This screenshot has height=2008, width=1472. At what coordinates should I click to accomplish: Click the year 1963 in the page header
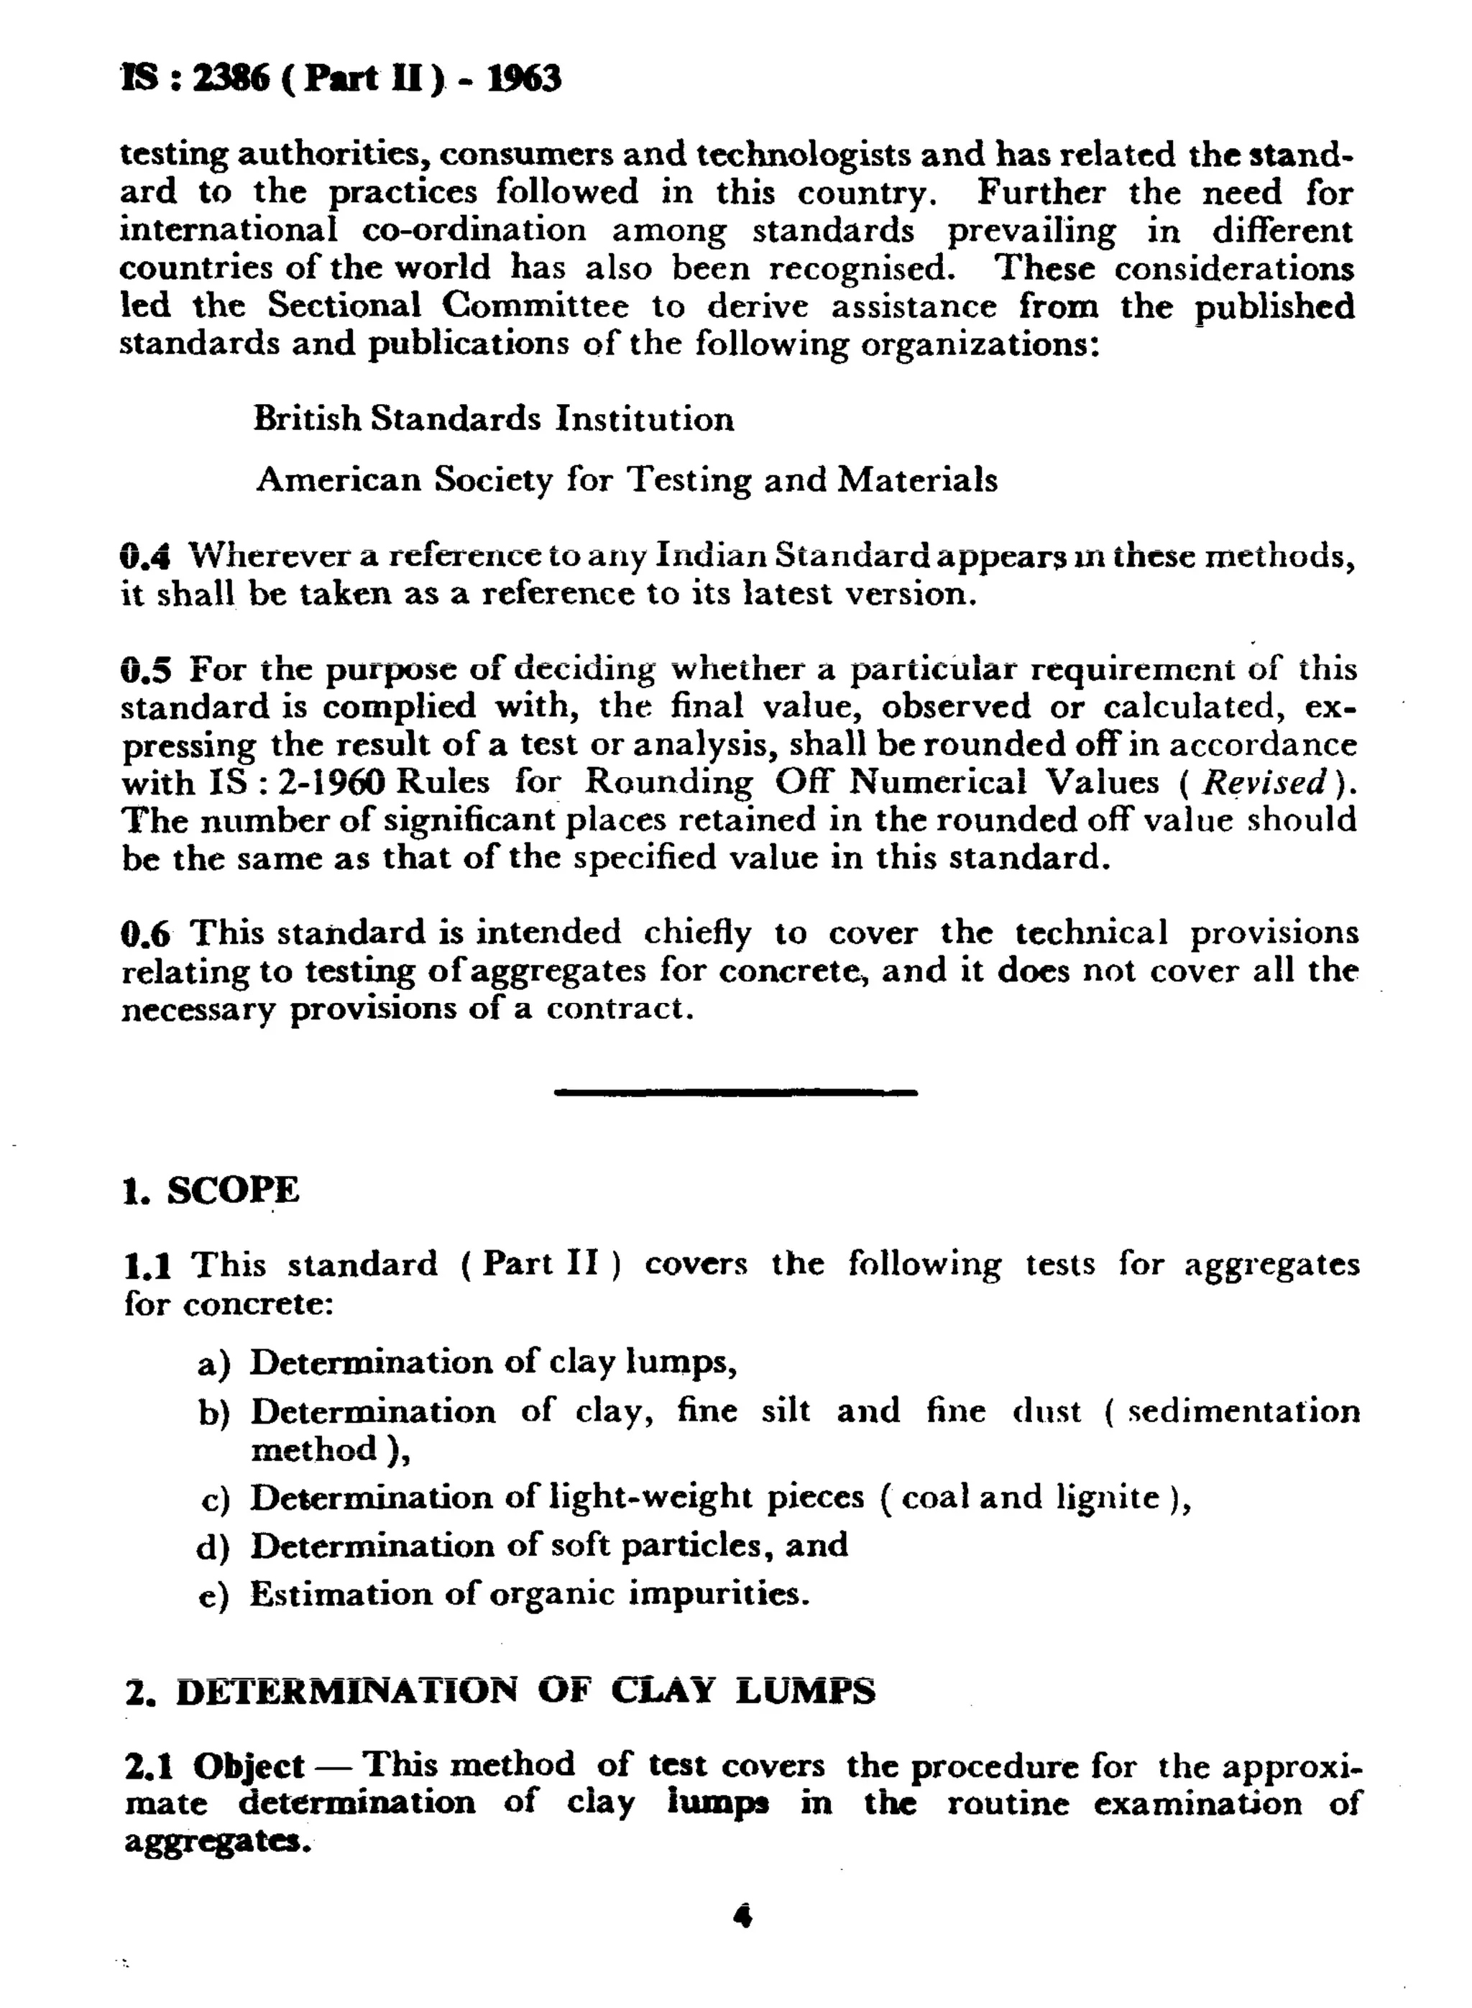[x=524, y=78]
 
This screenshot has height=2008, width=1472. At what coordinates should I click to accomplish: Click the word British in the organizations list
[x=308, y=418]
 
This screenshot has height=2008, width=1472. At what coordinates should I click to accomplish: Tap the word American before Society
[x=339, y=480]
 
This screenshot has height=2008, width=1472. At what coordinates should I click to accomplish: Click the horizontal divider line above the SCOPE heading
[x=735, y=1092]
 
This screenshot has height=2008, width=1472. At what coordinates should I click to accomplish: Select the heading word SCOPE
[x=234, y=1191]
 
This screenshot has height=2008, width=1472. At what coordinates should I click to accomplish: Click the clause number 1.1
[x=147, y=1265]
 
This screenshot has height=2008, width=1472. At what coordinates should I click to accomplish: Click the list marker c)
[x=216, y=1498]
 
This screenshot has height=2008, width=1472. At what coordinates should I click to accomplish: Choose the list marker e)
[x=214, y=1595]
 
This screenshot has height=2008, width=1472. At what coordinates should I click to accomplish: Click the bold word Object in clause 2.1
[x=249, y=1766]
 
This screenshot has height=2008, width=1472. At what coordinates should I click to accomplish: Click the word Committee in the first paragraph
[x=535, y=306]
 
